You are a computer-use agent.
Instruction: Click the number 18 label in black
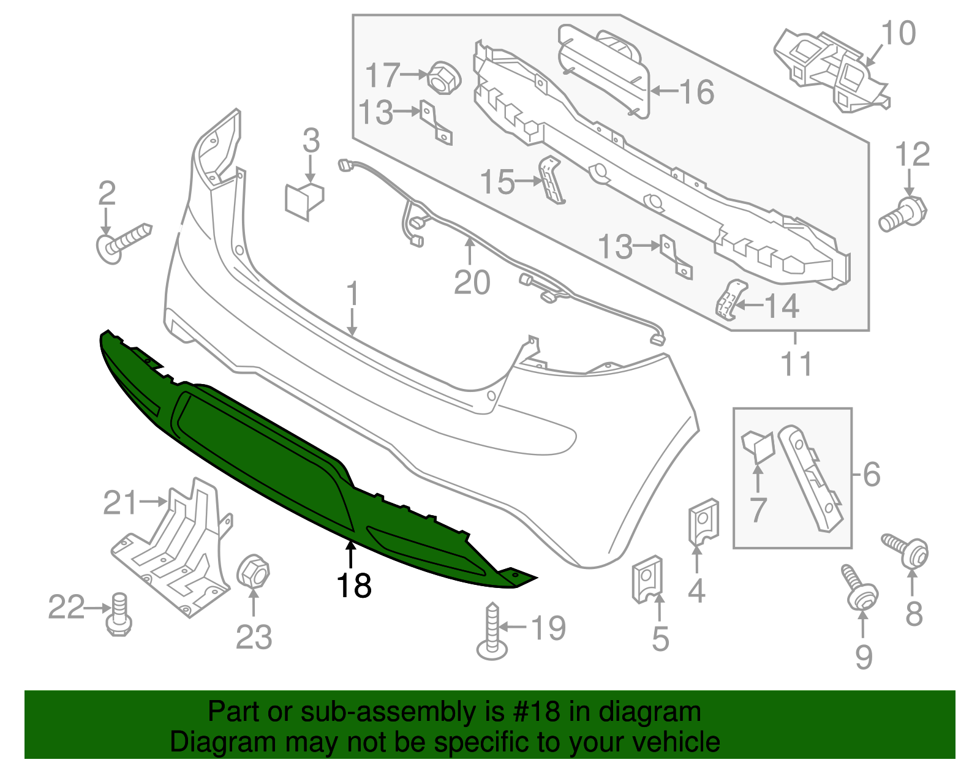[x=353, y=586]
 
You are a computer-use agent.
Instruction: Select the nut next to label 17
[x=443, y=77]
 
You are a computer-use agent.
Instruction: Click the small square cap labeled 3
[x=304, y=198]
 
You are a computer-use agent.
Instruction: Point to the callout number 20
[x=472, y=283]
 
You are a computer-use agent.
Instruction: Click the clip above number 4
[x=703, y=521]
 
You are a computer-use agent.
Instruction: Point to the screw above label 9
[x=860, y=587]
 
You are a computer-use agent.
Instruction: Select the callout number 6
[x=871, y=475]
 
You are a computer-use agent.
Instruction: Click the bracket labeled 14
[x=730, y=300]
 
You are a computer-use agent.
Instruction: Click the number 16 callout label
[x=696, y=92]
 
